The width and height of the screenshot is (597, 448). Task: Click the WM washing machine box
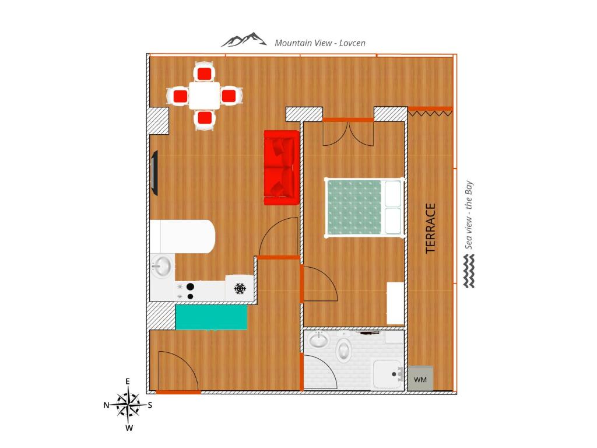(x=420, y=378)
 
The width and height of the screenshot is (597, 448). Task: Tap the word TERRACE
(x=430, y=228)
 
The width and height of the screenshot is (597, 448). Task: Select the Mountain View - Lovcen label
(x=320, y=43)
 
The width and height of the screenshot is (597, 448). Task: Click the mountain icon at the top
(x=244, y=40)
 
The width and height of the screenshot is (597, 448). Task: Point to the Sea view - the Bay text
(x=469, y=215)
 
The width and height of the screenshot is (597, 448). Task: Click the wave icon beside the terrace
(x=469, y=271)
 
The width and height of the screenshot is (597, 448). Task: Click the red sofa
(x=282, y=167)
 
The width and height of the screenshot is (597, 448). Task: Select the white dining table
(x=205, y=96)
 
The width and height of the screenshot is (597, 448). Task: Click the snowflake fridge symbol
(x=240, y=289)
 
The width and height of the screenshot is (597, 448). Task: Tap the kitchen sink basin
(x=161, y=265)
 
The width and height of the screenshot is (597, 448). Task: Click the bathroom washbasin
(x=318, y=340)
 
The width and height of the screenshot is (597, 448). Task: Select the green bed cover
(x=354, y=207)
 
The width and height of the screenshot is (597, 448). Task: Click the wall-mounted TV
(x=154, y=173)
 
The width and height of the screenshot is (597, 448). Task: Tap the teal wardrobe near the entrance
(x=211, y=317)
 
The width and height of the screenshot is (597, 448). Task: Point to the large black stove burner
(x=190, y=286)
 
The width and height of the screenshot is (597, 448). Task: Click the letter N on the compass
(x=106, y=405)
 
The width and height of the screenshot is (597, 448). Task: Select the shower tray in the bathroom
(x=387, y=374)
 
